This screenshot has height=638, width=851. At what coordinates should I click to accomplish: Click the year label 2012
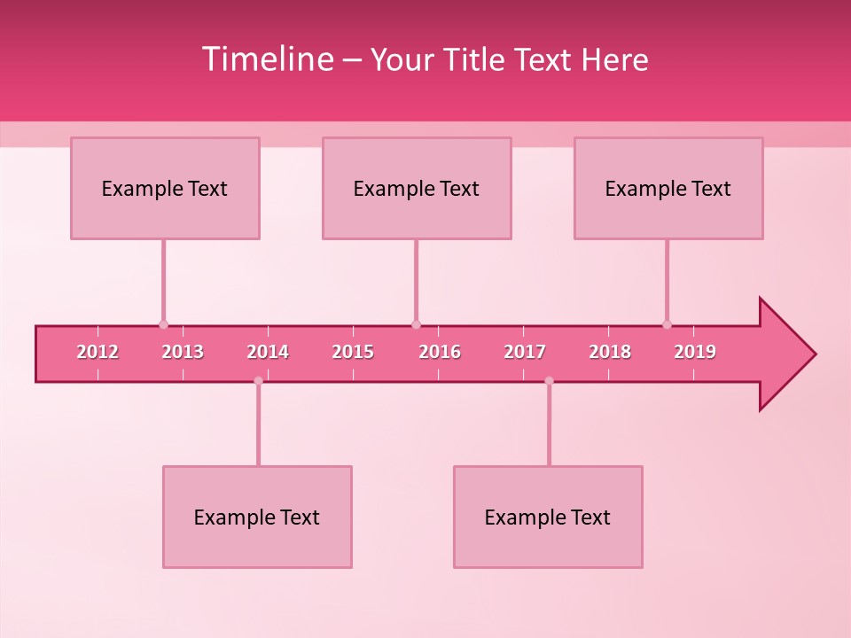[x=98, y=352]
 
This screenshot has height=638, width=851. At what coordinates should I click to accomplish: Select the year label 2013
[x=183, y=352]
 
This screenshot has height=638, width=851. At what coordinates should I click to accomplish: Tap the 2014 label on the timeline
[x=268, y=352]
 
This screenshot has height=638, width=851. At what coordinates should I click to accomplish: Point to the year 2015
[x=353, y=352]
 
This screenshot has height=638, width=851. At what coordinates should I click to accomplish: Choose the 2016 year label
[x=440, y=352]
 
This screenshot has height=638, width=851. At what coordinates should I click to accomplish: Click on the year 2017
[x=525, y=352]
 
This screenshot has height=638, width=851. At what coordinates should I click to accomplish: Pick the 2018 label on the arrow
[x=610, y=352]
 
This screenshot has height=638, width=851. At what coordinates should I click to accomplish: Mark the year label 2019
[x=695, y=352]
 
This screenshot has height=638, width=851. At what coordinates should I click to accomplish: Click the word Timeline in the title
[x=268, y=59]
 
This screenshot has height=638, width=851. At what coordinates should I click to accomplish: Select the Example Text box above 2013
[x=165, y=188]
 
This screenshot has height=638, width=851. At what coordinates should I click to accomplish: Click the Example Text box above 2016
[x=417, y=188]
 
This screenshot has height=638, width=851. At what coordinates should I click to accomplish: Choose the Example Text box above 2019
[x=668, y=188]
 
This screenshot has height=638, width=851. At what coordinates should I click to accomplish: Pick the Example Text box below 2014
[x=257, y=517]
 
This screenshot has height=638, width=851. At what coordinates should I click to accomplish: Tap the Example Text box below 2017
[x=548, y=517]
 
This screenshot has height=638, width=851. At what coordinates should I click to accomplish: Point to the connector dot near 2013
[x=163, y=324]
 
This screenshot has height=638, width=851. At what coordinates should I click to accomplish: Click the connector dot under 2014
[x=258, y=381]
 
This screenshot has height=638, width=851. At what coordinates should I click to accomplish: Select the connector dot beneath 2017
[x=549, y=381]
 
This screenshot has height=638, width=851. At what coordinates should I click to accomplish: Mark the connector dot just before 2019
[x=667, y=324]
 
